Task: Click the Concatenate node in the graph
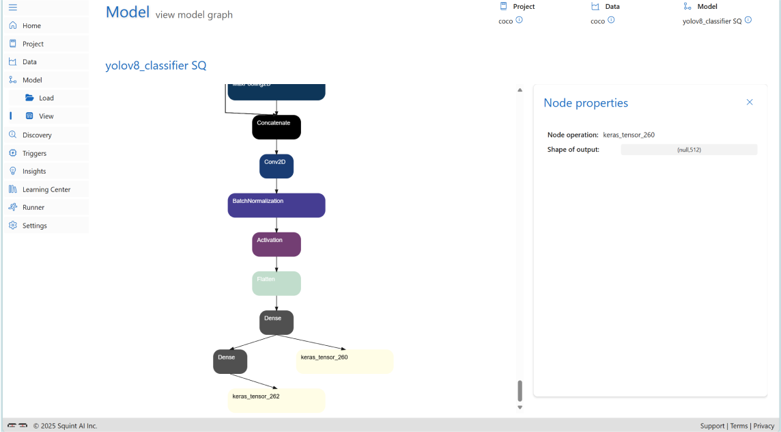276,127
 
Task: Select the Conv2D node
276,166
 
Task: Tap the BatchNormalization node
276,205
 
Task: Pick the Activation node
276,244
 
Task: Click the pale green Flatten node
276,283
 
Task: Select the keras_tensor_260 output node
344,362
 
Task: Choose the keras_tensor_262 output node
276,401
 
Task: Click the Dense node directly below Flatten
276,323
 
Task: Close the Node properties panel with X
750,103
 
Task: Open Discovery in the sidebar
37,135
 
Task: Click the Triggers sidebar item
34,153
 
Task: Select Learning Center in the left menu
46,189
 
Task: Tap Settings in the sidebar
34,226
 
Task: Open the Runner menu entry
33,207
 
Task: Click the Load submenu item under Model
46,98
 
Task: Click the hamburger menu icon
13,8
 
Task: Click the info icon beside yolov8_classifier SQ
748,21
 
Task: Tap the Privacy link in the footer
764,426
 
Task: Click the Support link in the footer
712,426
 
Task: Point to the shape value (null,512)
689,150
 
